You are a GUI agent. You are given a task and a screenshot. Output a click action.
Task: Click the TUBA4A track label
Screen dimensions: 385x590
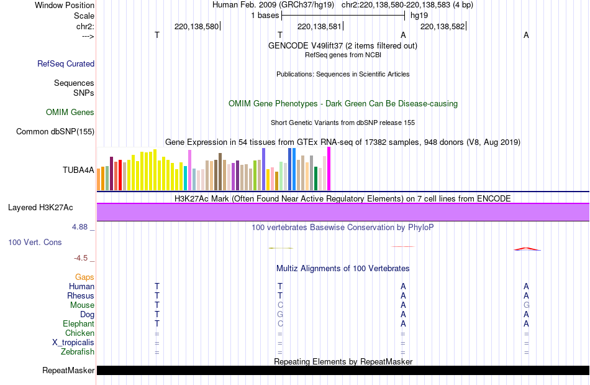click(x=78, y=170)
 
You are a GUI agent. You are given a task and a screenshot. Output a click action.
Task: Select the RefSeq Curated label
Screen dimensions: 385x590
click(x=66, y=63)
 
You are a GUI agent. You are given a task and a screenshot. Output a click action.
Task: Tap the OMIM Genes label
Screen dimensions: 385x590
click(x=70, y=113)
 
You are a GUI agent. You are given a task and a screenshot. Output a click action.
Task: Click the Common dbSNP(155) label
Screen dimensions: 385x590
click(x=55, y=131)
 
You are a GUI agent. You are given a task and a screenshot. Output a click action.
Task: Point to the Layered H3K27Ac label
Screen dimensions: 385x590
click(x=44, y=207)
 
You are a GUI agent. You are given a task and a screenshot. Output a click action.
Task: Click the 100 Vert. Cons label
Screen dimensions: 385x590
click(x=35, y=242)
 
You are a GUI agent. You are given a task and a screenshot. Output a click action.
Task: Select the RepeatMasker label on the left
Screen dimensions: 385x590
click(x=68, y=371)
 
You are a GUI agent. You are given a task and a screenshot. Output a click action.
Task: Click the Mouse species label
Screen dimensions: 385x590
click(x=82, y=305)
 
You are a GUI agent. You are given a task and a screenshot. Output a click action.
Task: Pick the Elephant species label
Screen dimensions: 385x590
click(x=79, y=324)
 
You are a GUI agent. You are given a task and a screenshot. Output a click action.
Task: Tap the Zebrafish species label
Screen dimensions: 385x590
click(x=78, y=352)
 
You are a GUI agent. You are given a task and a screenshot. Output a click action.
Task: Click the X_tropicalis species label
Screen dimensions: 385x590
click(x=73, y=343)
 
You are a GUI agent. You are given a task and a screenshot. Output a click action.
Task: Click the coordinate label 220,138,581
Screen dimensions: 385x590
click(x=319, y=27)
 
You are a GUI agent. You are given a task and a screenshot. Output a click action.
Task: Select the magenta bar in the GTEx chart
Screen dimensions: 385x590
click(x=329, y=169)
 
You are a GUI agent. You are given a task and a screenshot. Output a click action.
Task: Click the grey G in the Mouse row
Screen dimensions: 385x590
click(x=526, y=305)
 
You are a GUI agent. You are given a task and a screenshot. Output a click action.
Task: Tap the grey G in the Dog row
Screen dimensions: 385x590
click(x=280, y=315)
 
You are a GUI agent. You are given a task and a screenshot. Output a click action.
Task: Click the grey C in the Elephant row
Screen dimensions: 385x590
click(x=280, y=324)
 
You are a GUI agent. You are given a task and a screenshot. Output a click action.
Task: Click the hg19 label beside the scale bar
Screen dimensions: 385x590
click(x=419, y=15)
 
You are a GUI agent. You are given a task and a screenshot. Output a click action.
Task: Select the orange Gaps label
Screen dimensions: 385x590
click(x=85, y=277)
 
